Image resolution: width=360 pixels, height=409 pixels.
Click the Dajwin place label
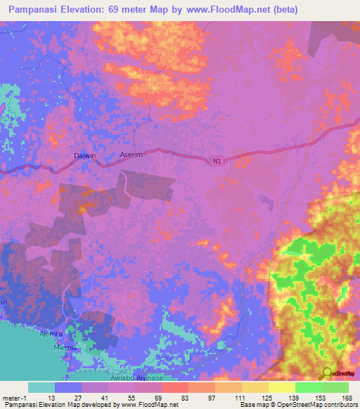point(84,159)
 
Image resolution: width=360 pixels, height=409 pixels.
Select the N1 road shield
point(218,162)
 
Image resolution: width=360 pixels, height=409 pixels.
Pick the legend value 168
point(346,398)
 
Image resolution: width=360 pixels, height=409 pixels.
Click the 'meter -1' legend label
point(13,398)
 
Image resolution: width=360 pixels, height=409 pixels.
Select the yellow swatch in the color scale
point(281,387)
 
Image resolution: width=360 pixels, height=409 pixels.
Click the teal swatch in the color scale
point(41,387)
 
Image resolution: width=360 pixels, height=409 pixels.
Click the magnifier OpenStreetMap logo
point(326,373)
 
